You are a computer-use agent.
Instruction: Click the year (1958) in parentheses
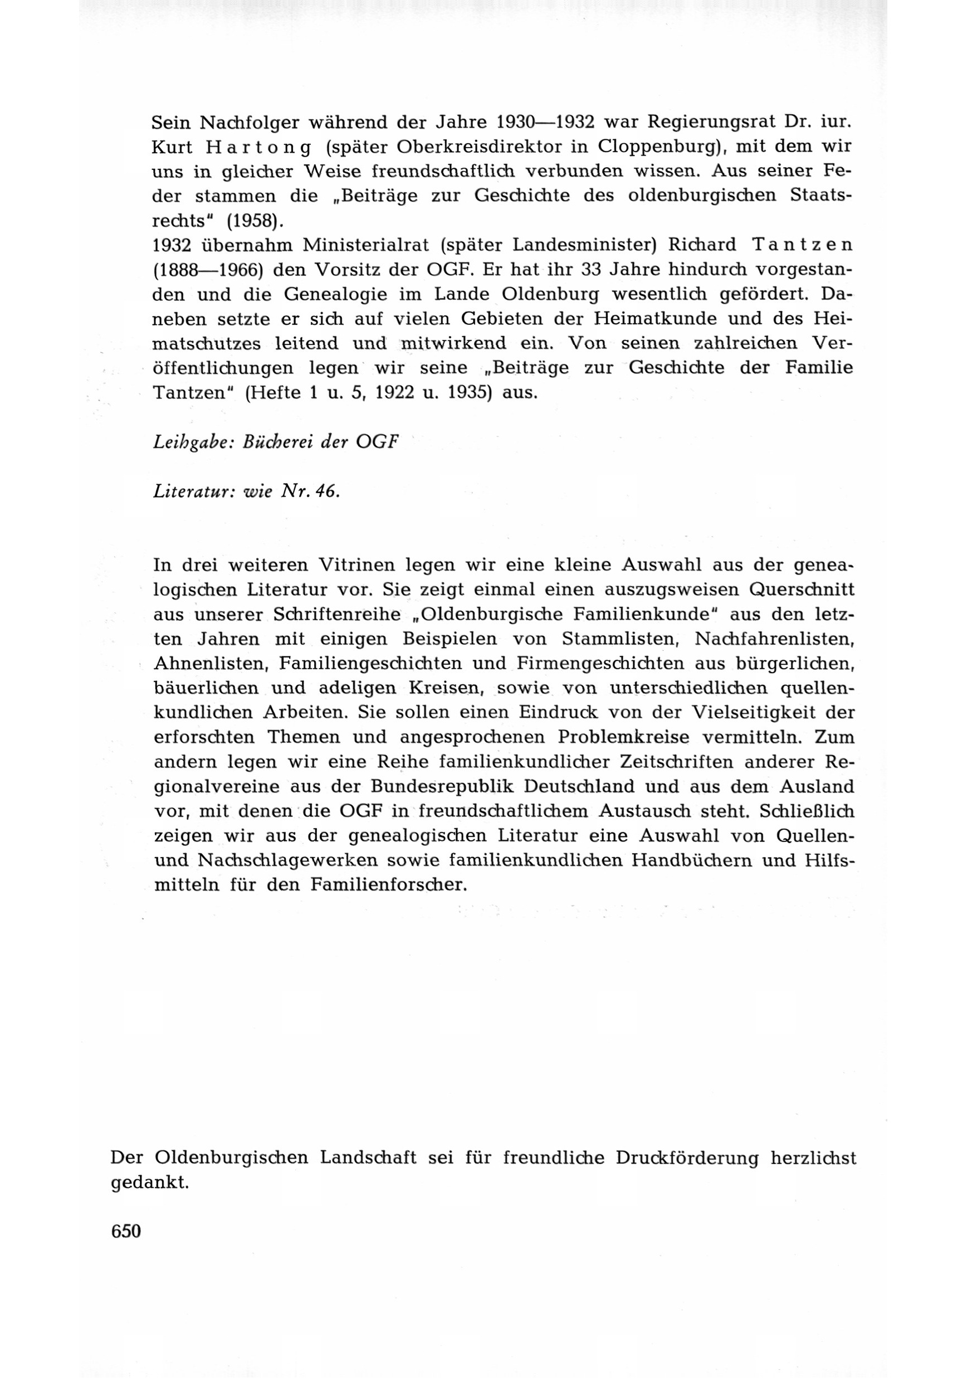pos(254,221)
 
